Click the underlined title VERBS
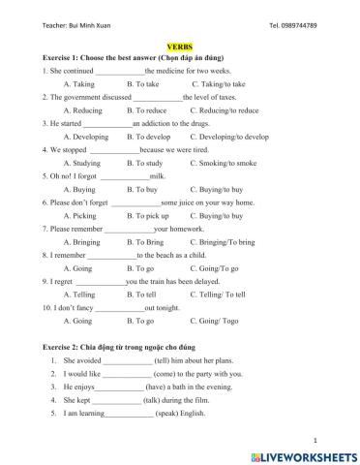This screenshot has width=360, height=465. (x=180, y=46)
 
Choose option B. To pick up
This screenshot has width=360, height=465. (x=148, y=216)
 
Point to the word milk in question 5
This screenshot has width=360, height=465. (x=157, y=176)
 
